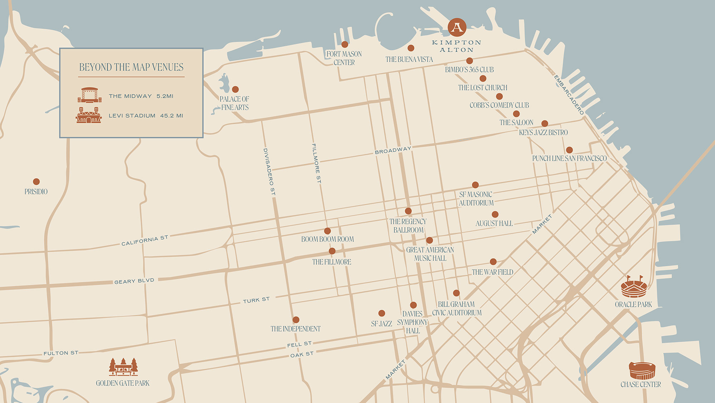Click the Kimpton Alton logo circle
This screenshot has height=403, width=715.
pyautogui.click(x=457, y=27)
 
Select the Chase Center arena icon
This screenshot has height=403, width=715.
pyautogui.click(x=642, y=371)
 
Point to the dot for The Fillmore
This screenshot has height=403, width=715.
pyautogui.click(x=332, y=251)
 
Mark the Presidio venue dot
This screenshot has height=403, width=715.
pyautogui.click(x=36, y=182)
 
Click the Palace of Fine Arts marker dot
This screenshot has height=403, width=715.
pyautogui.click(x=235, y=89)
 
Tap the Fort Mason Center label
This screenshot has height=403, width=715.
pyautogui.click(x=344, y=58)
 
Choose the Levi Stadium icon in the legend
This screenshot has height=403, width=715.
pyautogui.click(x=89, y=115)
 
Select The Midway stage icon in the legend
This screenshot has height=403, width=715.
pyautogui.click(x=89, y=95)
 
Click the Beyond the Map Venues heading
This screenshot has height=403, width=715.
pyautogui.click(x=131, y=67)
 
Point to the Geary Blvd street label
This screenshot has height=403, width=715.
pyautogui.click(x=134, y=281)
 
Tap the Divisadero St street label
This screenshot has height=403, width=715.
pyautogui.click(x=269, y=172)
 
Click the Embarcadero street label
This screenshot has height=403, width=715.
pyautogui.click(x=569, y=95)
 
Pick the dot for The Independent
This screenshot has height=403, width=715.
pyautogui.click(x=296, y=320)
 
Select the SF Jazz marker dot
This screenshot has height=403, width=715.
pyautogui.click(x=381, y=313)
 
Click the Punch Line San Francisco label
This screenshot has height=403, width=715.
pyautogui.click(x=569, y=158)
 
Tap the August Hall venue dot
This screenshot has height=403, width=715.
pyautogui.click(x=495, y=215)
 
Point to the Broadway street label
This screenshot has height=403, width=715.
pyautogui.click(x=393, y=151)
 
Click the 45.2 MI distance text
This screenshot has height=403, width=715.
pyautogui.click(x=172, y=116)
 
